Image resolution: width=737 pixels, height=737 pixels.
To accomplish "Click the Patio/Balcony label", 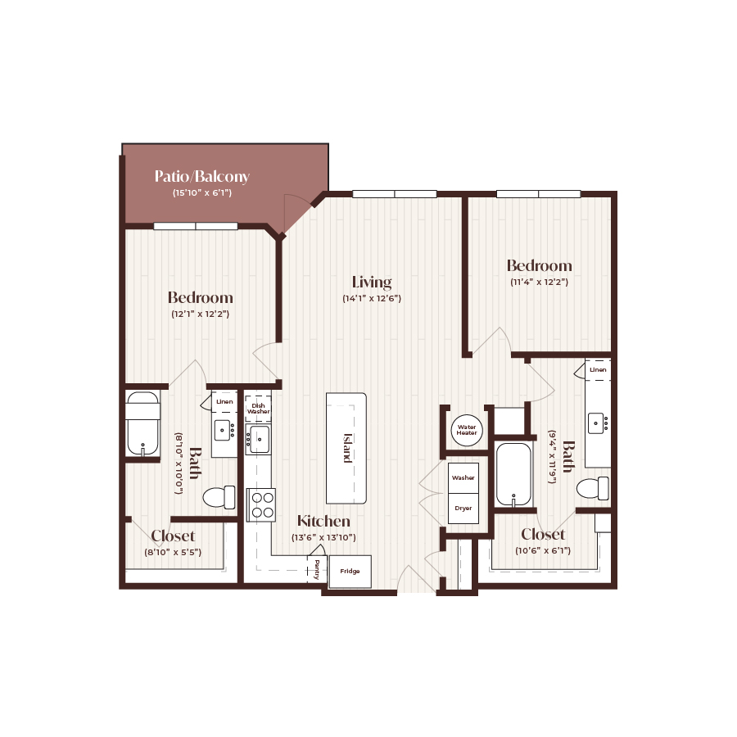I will [x=201, y=176].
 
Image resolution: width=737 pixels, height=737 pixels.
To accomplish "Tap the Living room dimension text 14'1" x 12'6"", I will [x=371, y=299].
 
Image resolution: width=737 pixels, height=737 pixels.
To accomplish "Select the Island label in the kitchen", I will [x=347, y=448].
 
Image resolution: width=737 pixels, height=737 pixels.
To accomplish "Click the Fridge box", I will [x=350, y=571].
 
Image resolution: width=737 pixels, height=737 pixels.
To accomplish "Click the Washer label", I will [x=463, y=477].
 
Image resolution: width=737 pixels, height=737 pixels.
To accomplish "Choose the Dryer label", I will [x=463, y=508].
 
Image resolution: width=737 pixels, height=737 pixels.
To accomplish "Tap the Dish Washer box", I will [x=259, y=407].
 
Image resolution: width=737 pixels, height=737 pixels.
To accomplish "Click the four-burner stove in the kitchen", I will [x=261, y=504].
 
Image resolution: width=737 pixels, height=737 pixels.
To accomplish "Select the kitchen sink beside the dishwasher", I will [x=260, y=440].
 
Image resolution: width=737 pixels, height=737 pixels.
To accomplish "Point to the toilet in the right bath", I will [x=592, y=489].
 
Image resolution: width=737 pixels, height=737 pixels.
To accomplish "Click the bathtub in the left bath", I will [x=142, y=424].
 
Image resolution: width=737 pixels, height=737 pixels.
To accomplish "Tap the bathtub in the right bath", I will [x=513, y=474].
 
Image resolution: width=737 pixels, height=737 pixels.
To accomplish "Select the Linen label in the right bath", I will [x=598, y=370].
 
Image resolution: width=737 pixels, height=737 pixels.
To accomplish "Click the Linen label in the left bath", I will [x=224, y=401].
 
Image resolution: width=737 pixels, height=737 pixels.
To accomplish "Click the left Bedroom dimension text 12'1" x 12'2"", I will [x=200, y=313].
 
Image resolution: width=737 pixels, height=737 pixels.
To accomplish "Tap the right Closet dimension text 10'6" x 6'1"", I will [x=542, y=550].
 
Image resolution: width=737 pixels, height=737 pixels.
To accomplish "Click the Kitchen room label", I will [x=323, y=521].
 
